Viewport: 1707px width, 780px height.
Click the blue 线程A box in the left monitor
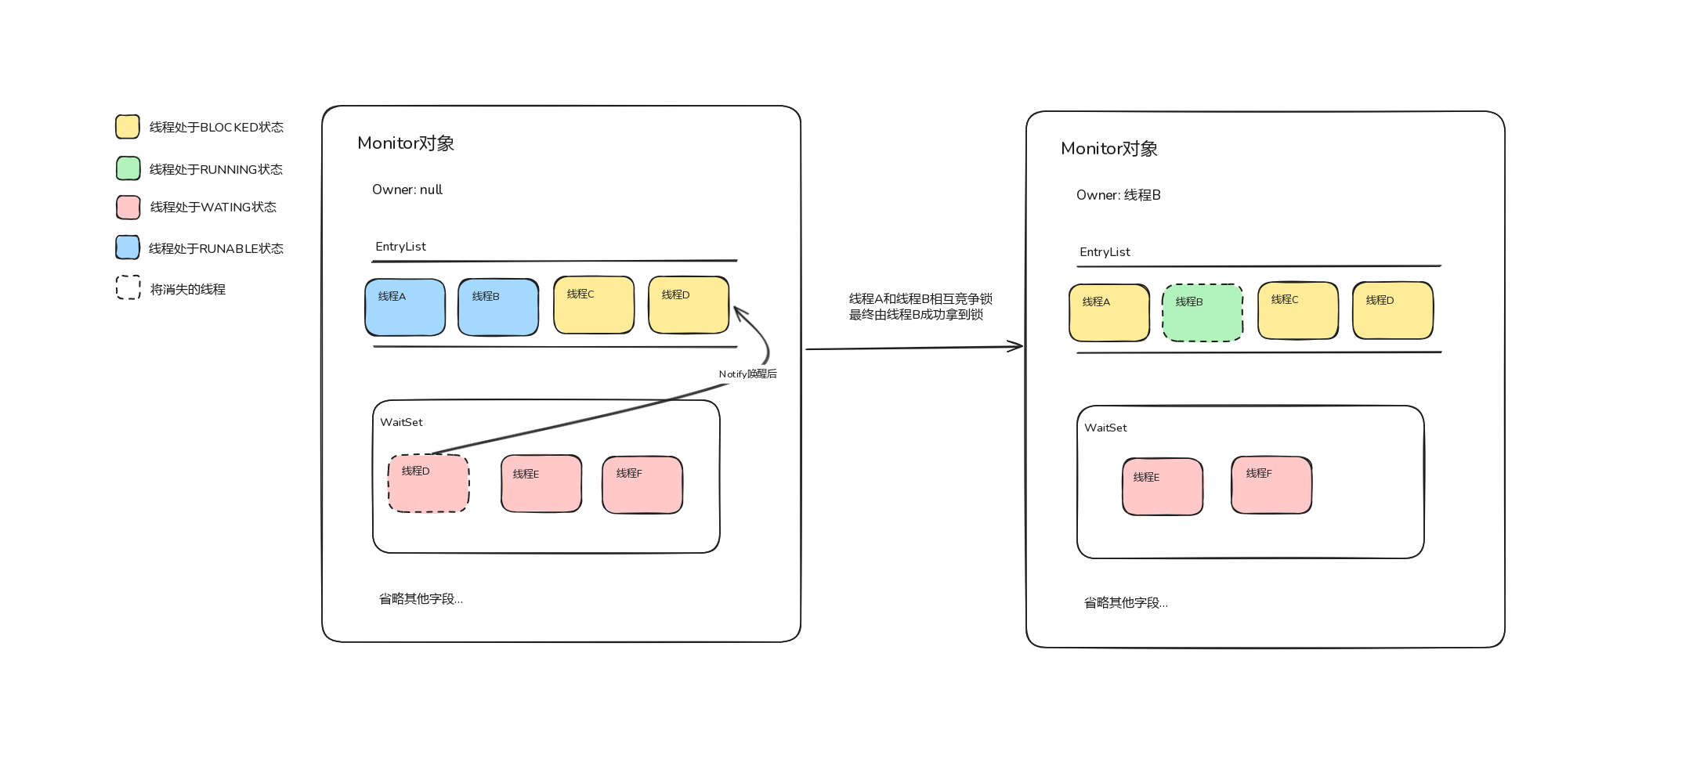click(x=405, y=307)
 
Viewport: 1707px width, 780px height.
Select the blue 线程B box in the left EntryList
click(x=498, y=307)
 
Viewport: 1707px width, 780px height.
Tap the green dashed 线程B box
click(x=1202, y=312)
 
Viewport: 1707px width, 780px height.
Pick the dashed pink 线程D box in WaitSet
click(x=429, y=483)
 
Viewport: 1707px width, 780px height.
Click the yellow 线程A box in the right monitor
click(x=1109, y=312)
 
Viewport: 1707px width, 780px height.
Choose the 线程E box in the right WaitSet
click(x=1163, y=486)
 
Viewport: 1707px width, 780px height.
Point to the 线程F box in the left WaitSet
click(x=642, y=485)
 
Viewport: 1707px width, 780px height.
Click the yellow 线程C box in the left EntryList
click(x=594, y=305)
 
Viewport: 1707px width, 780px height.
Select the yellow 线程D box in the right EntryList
click(x=1393, y=310)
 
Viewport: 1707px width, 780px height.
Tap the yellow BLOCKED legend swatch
click(x=128, y=127)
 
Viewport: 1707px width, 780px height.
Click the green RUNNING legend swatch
click(x=128, y=168)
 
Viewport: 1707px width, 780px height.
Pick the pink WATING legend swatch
click(x=128, y=208)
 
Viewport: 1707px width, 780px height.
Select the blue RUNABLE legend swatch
click(x=128, y=247)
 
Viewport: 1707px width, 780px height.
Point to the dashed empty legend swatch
click(x=128, y=287)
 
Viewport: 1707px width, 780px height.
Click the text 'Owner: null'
click(x=407, y=190)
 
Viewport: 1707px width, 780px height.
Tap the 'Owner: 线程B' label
click(x=1118, y=195)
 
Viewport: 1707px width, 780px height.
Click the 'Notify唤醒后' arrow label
click(x=747, y=374)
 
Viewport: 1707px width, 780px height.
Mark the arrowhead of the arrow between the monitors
click(x=1018, y=346)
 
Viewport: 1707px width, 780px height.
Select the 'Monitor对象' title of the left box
click(x=405, y=143)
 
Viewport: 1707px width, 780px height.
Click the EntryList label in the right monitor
click(x=1104, y=252)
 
